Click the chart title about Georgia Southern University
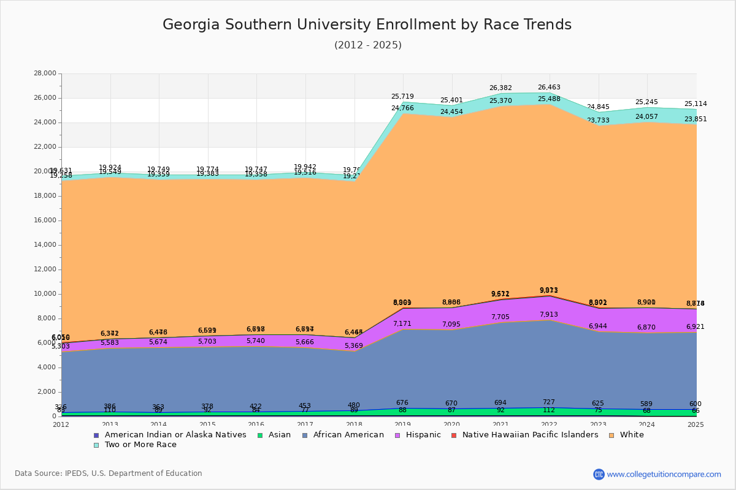click(x=367, y=25)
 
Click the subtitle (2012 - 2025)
click(x=368, y=45)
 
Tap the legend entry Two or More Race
click(x=140, y=445)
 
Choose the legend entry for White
click(x=631, y=435)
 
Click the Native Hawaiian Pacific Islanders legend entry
click(x=529, y=435)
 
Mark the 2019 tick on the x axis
click(x=402, y=424)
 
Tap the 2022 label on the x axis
click(x=549, y=424)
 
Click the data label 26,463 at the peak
click(x=549, y=88)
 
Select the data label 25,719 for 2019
click(x=402, y=97)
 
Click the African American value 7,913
click(x=549, y=315)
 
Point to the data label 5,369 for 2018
click(x=353, y=346)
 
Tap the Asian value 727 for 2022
click(x=549, y=402)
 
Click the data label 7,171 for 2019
click(x=402, y=324)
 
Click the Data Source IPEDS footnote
click(x=109, y=473)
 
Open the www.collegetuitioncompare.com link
click(x=664, y=474)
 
